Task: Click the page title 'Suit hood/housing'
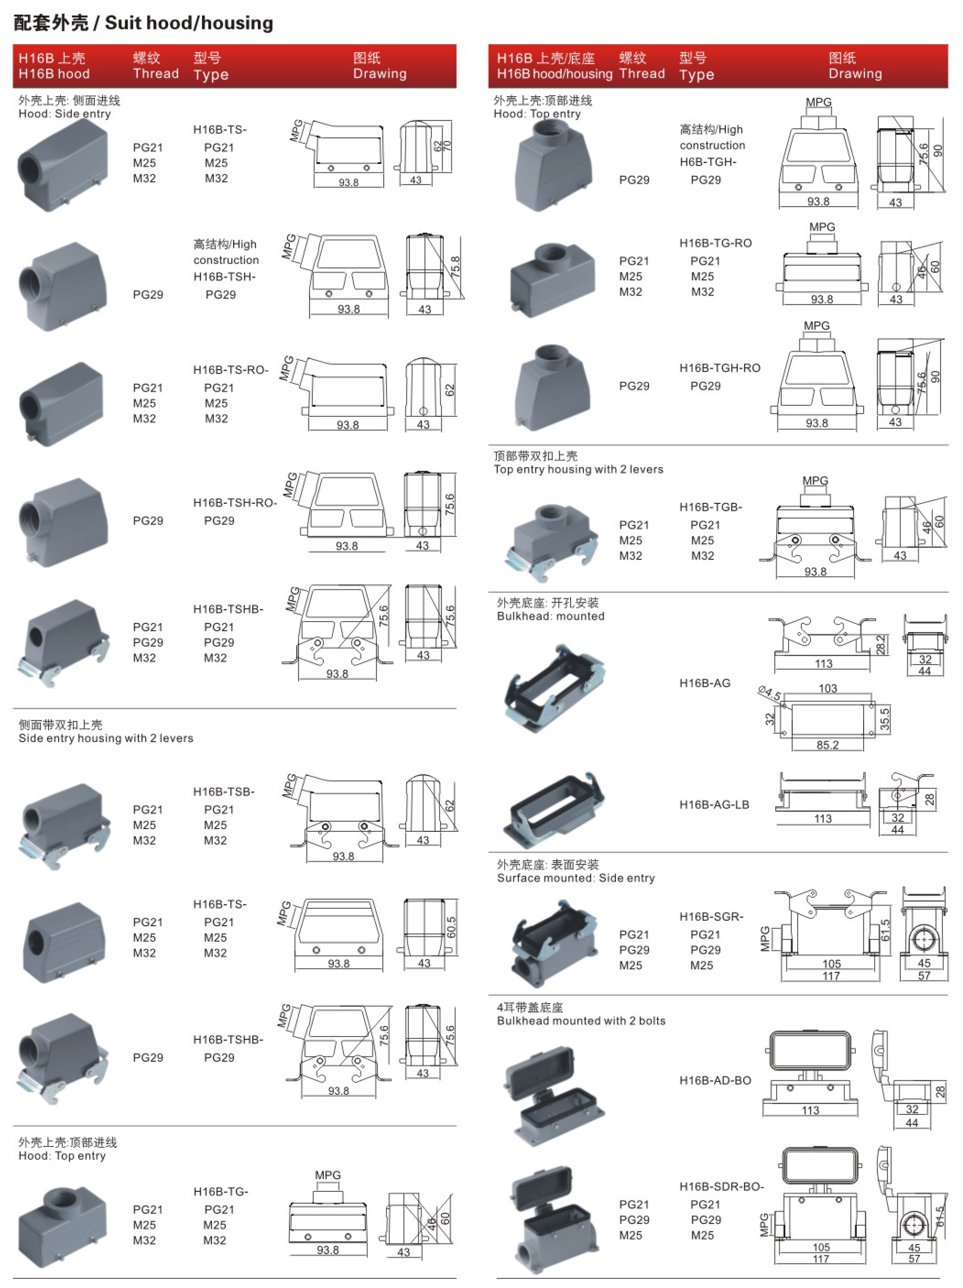[189, 23]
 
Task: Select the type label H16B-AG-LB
[714, 805]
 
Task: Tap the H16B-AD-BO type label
[715, 1080]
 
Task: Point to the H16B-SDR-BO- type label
[721, 1186]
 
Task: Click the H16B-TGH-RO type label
[720, 368]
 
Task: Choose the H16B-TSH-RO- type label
[234, 502]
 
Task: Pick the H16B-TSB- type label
[223, 792]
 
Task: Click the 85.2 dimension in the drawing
[827, 745]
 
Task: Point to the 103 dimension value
[827, 688]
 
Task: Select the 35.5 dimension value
[884, 719]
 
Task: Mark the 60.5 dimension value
[451, 928]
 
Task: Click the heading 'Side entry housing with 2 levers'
[106, 738]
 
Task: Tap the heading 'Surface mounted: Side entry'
[576, 878]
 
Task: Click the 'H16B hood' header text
[54, 74]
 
